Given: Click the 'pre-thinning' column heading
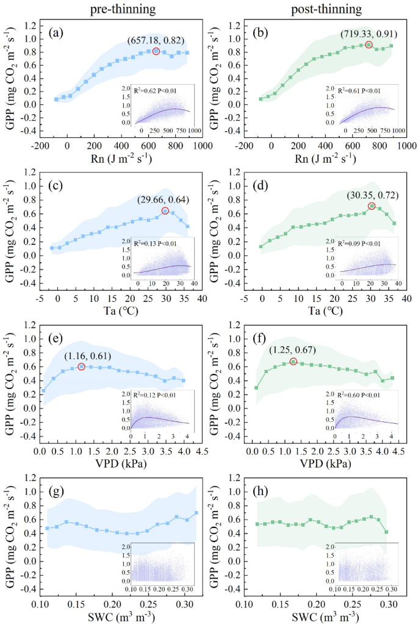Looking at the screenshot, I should [122, 10].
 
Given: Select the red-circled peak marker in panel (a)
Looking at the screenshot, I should [156, 51].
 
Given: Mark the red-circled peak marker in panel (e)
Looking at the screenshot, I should [81, 366].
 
